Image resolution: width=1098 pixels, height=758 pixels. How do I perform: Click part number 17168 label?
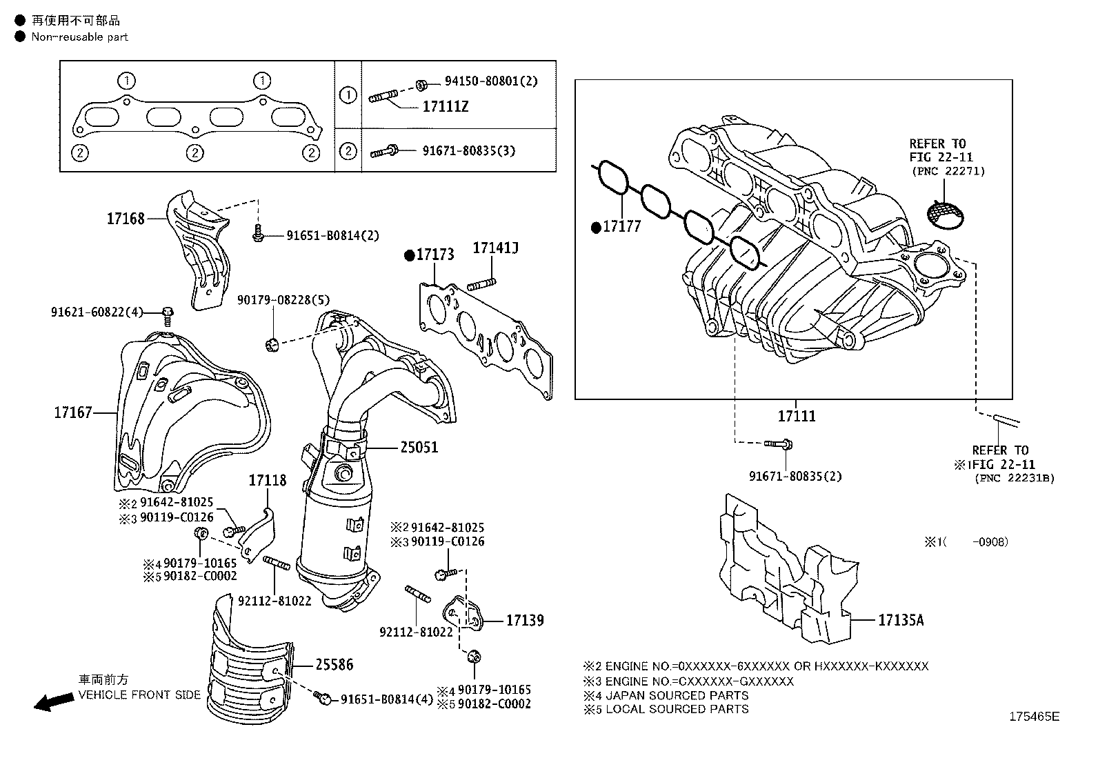point(126,219)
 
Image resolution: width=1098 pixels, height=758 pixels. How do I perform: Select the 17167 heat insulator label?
point(73,413)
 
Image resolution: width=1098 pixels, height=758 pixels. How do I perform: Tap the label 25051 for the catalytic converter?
point(419,447)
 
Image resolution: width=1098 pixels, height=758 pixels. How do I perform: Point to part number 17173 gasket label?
point(435,255)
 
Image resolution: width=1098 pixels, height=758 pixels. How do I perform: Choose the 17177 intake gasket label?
point(621,226)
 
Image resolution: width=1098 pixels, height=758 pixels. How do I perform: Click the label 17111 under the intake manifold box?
point(797,416)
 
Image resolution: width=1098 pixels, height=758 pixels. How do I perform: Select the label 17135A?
point(900,620)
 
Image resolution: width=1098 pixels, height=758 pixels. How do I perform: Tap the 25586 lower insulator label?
point(334,665)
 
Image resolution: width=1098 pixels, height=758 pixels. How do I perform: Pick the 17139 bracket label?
point(525,620)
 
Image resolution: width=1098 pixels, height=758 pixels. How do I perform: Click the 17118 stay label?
point(267,480)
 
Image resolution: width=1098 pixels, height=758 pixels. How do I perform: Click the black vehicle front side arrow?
point(54,702)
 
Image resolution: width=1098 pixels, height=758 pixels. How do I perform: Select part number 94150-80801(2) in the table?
point(490,81)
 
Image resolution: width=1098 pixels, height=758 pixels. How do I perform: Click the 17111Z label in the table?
point(445,107)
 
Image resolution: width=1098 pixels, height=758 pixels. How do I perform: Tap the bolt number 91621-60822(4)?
point(97,312)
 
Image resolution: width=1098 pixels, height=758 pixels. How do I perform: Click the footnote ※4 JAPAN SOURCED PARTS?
point(666,695)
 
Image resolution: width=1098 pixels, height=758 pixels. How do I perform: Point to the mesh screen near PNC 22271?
point(944,215)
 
